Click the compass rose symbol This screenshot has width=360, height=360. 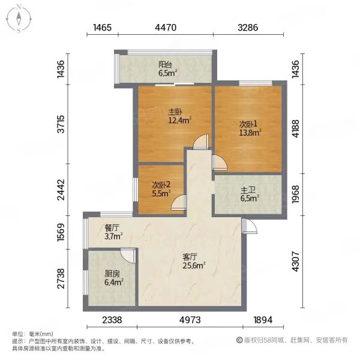(x=19, y=19)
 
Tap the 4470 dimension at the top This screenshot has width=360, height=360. (x=166, y=28)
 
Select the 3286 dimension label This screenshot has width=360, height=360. (x=248, y=28)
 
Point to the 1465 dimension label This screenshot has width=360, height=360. (x=102, y=28)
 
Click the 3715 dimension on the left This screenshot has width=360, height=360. (x=61, y=124)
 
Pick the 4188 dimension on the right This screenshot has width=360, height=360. (x=295, y=128)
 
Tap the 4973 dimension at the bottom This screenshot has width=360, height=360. (x=190, y=320)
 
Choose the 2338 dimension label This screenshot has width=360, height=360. (x=112, y=320)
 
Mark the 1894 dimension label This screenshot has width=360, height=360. (x=263, y=320)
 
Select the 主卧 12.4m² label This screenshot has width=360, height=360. (x=180, y=116)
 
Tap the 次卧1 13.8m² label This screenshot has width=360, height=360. (x=250, y=128)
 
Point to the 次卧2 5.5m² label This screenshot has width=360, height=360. (x=161, y=190)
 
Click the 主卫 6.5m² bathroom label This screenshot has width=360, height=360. (x=250, y=194)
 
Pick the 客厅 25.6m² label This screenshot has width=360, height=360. (x=194, y=261)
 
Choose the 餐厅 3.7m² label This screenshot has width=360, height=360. (x=113, y=232)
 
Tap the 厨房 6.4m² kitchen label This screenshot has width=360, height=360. (x=114, y=278)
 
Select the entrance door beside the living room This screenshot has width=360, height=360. (x=250, y=226)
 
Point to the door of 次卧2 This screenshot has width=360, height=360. (x=179, y=203)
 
